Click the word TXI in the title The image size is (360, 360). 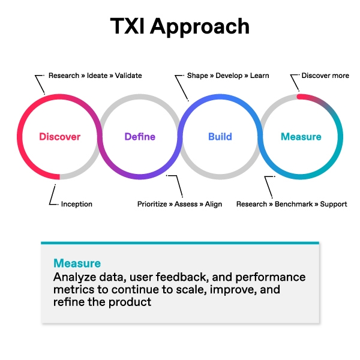(x=128, y=26)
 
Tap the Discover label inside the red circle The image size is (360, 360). (x=59, y=137)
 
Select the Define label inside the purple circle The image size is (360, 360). (x=139, y=137)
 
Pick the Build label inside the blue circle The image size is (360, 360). (x=220, y=137)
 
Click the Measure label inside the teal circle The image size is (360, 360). (x=301, y=137)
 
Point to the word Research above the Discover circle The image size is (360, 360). (x=64, y=76)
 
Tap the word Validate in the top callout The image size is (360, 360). (x=128, y=76)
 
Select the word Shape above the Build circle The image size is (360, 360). (x=198, y=76)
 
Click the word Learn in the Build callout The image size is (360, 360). (x=259, y=76)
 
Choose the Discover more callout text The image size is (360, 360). (x=325, y=76)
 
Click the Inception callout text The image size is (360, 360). (x=77, y=204)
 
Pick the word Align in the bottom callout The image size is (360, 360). (x=214, y=204)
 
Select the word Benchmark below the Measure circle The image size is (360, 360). (x=293, y=204)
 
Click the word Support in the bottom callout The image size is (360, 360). (x=334, y=204)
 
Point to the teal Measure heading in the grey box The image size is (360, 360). (x=77, y=263)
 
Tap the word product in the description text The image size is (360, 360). (x=134, y=302)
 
